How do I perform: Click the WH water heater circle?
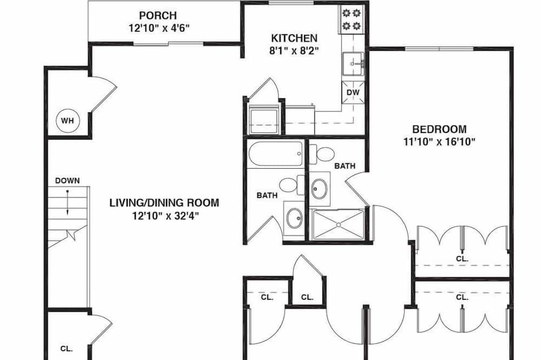click(68, 121)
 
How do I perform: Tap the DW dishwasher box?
click(353, 92)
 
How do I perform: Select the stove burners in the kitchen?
click(351, 19)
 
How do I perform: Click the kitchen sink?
click(353, 64)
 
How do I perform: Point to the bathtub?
click(275, 154)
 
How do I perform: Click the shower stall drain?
click(339, 225)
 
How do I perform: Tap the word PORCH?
click(158, 16)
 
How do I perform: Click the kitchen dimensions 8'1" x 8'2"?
click(294, 51)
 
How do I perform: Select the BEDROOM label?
click(439, 129)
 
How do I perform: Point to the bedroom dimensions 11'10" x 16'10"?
click(439, 142)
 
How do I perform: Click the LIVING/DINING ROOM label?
click(164, 202)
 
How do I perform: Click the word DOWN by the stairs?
click(68, 181)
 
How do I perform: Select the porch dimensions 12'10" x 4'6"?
click(160, 28)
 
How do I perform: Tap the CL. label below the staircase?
click(67, 349)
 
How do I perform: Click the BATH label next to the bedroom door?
click(345, 166)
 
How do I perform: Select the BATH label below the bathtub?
click(267, 196)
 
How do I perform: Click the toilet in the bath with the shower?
click(321, 154)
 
